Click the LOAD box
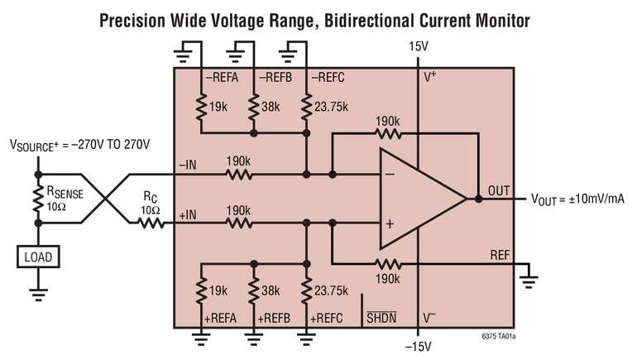(x=38, y=257)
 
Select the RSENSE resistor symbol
(x=39, y=199)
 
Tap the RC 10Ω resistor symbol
(x=151, y=223)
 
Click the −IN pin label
(x=188, y=165)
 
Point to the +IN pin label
(x=188, y=215)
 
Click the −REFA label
(x=222, y=77)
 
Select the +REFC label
(x=326, y=318)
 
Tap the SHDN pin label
(x=381, y=317)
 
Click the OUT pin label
(x=499, y=190)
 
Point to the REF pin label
(x=500, y=255)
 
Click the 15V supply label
(x=419, y=46)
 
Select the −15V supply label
(x=419, y=347)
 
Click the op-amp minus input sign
(x=390, y=175)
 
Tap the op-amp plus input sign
(x=390, y=224)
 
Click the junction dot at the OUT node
(x=478, y=199)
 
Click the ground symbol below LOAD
(x=38, y=295)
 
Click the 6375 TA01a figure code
(x=499, y=337)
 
